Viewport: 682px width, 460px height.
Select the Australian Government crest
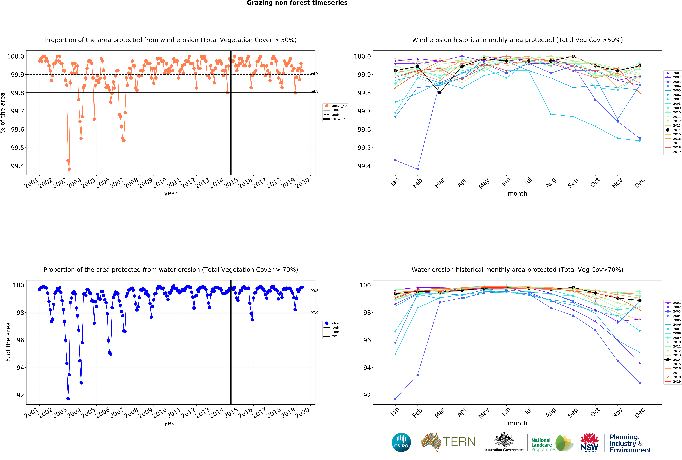click(504, 439)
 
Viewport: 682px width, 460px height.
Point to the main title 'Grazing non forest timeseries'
click(297, 3)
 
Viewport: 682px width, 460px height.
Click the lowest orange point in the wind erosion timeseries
click(69, 169)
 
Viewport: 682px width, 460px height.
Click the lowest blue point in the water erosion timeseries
click(68, 399)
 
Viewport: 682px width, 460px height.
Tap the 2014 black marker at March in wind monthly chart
click(440, 93)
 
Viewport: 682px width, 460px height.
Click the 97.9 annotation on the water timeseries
click(314, 313)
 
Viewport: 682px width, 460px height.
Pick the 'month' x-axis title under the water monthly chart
click(517, 423)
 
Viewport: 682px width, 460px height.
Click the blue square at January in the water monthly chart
click(395, 399)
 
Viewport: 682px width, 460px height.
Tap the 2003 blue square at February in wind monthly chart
click(418, 169)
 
